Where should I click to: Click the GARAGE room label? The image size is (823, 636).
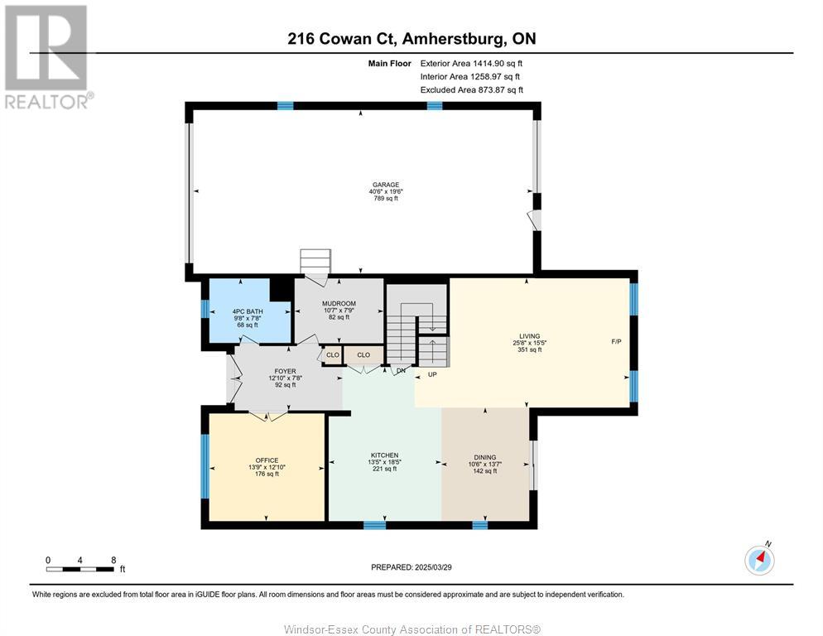[385, 185]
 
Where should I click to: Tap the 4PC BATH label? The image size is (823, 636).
[247, 311]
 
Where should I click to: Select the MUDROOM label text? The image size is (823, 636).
[338, 304]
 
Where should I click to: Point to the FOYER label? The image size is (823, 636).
[285, 372]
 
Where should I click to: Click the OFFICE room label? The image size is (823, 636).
[267, 460]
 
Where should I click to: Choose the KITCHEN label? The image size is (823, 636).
[384, 455]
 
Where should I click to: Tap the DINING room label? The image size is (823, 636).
[485, 457]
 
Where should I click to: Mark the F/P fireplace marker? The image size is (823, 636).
[617, 341]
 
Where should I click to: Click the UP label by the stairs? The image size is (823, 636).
[431, 374]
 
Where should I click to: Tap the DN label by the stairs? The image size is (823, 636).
[401, 370]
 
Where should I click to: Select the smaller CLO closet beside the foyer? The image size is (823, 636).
[332, 354]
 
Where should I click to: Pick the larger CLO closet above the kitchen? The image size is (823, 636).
[363, 354]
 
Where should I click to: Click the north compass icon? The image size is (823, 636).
[759, 560]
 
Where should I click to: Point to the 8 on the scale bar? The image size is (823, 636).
[113, 560]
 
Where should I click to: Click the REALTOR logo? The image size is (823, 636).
[47, 56]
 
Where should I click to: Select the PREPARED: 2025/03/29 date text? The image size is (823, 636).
[411, 567]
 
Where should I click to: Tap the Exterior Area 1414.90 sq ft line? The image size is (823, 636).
[471, 63]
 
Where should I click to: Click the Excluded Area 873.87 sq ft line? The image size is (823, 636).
[471, 89]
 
